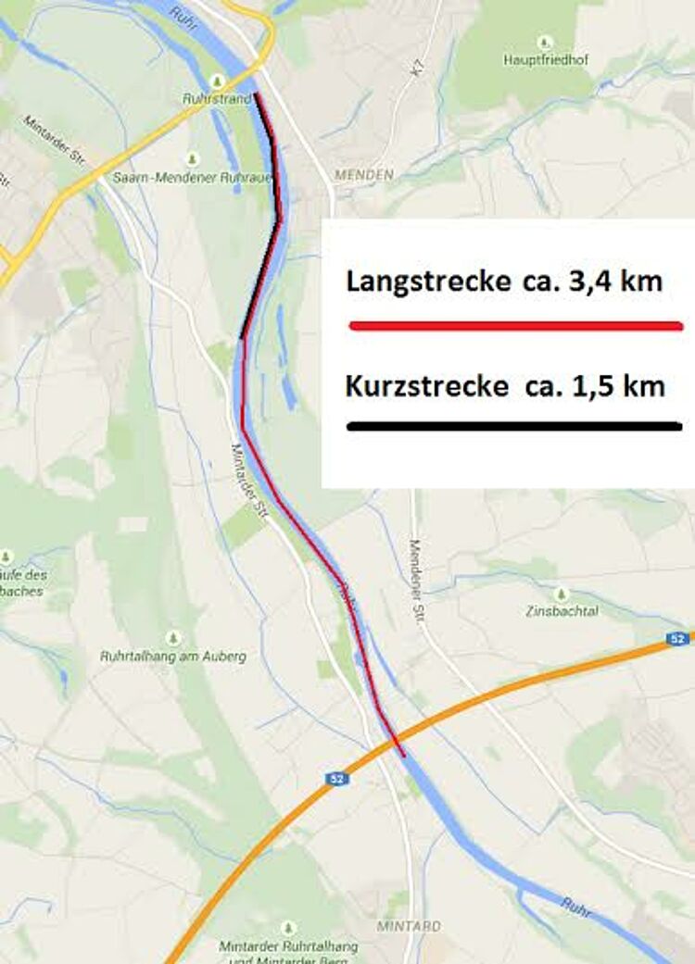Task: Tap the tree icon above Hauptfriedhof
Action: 545,42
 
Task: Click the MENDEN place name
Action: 363,174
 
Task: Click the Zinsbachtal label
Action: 561,611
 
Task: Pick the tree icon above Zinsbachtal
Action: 560,594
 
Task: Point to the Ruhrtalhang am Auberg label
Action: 173,656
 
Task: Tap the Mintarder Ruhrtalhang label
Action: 288,946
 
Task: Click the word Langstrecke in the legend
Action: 426,282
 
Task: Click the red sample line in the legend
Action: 515,326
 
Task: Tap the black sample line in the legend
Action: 515,426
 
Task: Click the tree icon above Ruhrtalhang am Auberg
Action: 173,638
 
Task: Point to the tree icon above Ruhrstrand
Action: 217,79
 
